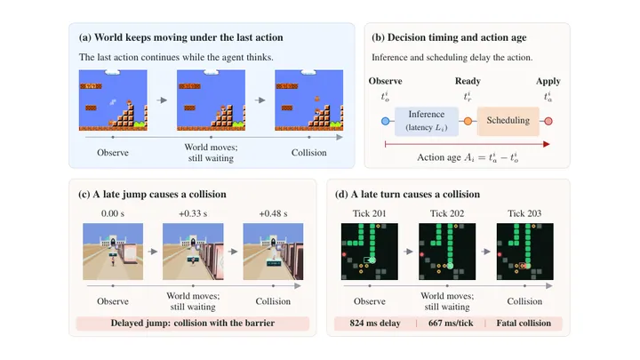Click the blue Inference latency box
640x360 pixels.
pyautogui.click(x=427, y=121)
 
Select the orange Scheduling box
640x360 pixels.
pyautogui.click(x=508, y=121)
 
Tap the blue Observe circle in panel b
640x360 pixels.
pyautogui.click(x=385, y=121)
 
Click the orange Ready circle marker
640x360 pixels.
pyautogui.click(x=468, y=121)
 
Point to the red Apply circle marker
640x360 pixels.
pyautogui.click(x=548, y=121)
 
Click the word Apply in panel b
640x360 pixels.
pyautogui.click(x=548, y=81)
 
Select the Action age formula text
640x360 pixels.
pyautogui.click(x=468, y=157)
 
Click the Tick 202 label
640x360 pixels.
pyautogui.click(x=447, y=213)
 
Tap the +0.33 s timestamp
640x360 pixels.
pyautogui.click(x=193, y=213)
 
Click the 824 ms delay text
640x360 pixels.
pyautogui.click(x=375, y=323)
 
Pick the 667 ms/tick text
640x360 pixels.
pyautogui.click(x=451, y=323)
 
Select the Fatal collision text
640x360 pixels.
pyautogui.click(x=524, y=323)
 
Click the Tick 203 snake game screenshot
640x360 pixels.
pyautogui.click(x=525, y=252)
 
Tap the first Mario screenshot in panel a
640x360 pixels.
pyautogui.click(x=113, y=100)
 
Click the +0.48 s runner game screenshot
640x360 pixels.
pyautogui.click(x=273, y=252)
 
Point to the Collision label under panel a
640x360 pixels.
pyautogui.click(x=309, y=153)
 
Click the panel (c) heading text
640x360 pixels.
pyautogui.click(x=152, y=194)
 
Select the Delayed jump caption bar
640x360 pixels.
pyautogui.click(x=193, y=323)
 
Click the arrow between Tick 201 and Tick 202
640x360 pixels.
pyautogui.click(x=408, y=252)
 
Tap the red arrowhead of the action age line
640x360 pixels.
pyautogui.click(x=546, y=144)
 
